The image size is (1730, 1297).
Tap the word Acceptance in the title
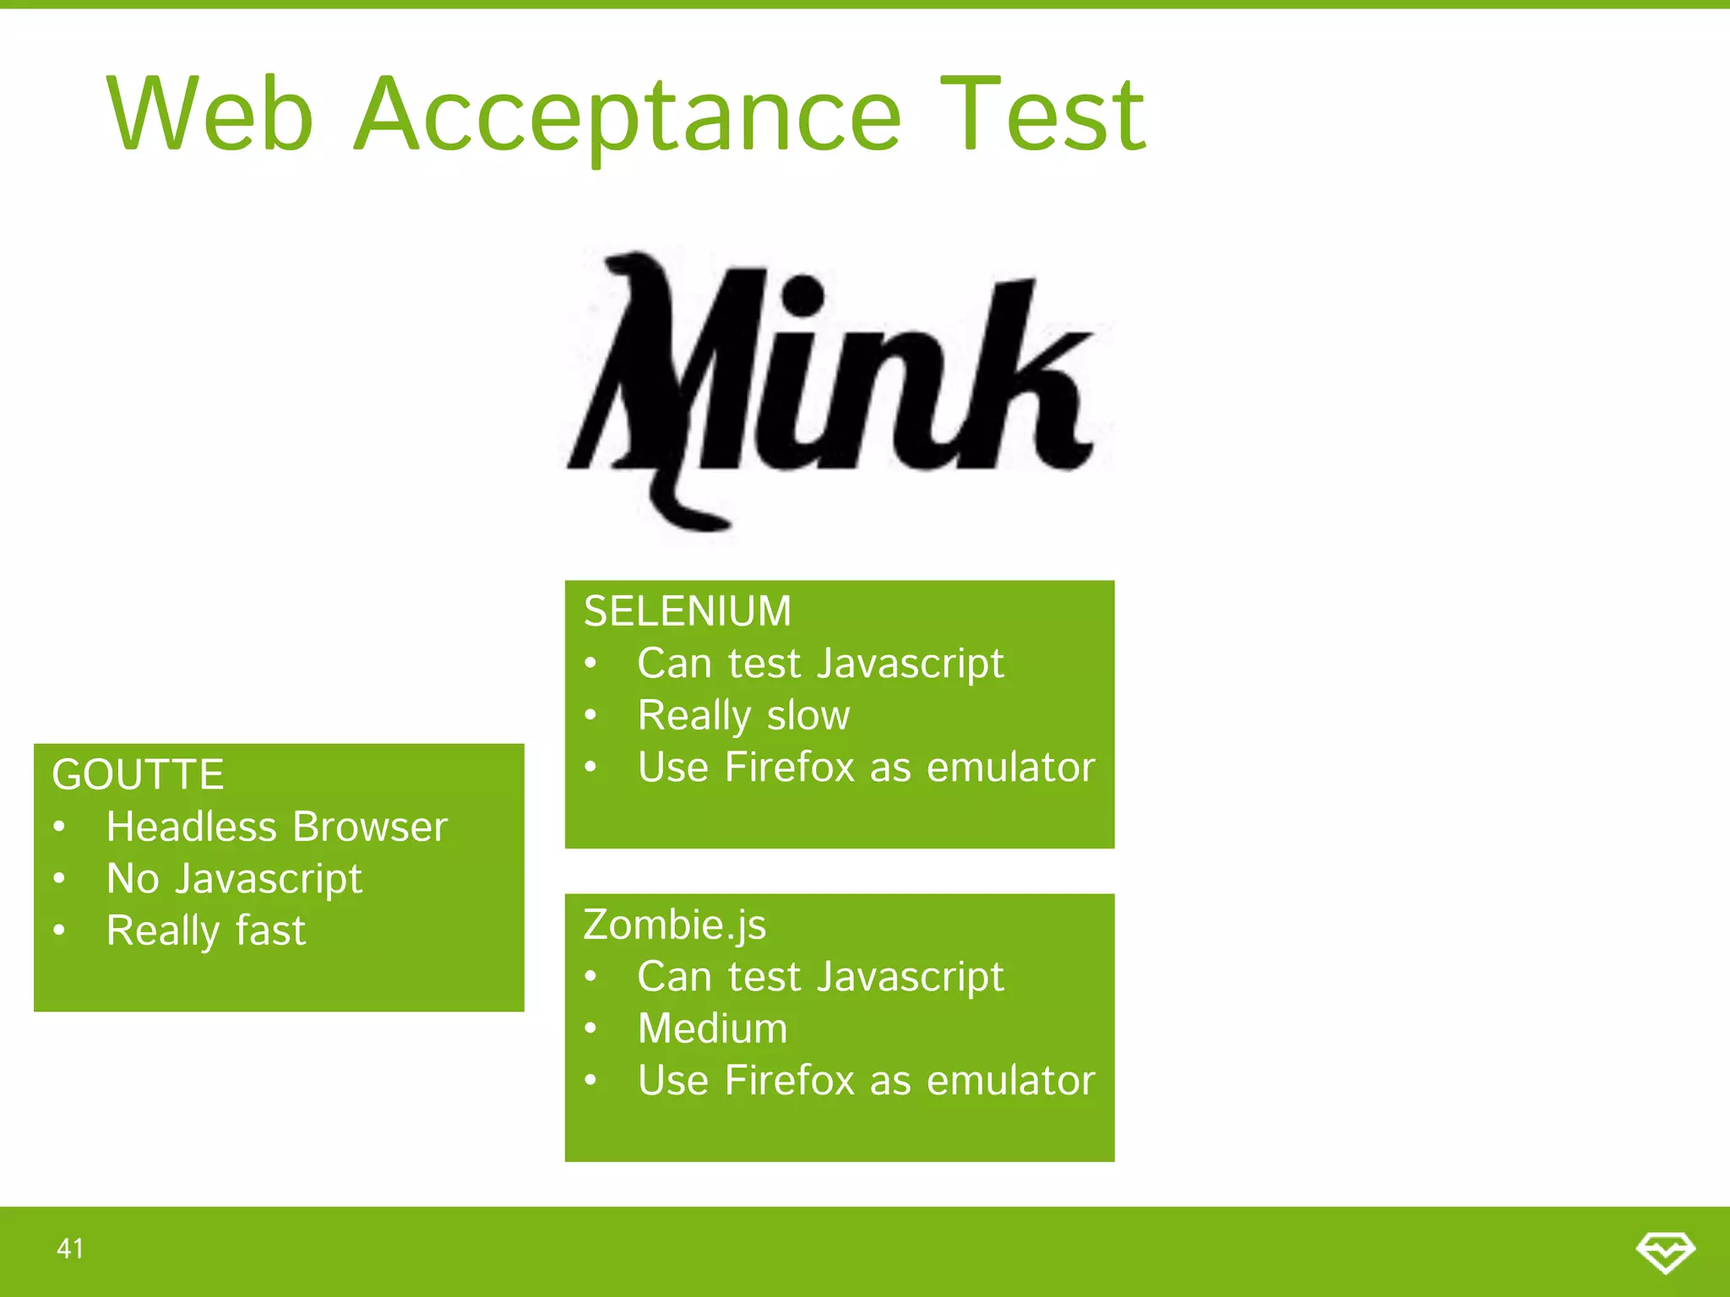[627, 116]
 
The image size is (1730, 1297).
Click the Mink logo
[836, 388]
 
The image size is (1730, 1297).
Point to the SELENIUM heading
[687, 611]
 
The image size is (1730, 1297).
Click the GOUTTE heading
[138, 774]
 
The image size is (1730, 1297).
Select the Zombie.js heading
[674, 925]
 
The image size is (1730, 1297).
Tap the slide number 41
[70, 1248]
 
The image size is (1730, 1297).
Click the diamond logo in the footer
[1665, 1251]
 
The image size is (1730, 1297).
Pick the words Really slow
[743, 716]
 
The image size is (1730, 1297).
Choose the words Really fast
[205, 931]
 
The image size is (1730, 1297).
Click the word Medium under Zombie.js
[712, 1028]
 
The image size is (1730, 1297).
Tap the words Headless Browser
[276, 827]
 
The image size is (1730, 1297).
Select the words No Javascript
[234, 879]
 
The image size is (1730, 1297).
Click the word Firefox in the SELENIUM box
[790, 768]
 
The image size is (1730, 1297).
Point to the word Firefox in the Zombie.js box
[790, 1081]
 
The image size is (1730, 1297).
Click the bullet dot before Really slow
[590, 716]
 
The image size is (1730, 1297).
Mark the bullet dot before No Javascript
[58, 879]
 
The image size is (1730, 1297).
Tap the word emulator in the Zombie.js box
[1010, 1081]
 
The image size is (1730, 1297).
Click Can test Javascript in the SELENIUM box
[820, 664]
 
